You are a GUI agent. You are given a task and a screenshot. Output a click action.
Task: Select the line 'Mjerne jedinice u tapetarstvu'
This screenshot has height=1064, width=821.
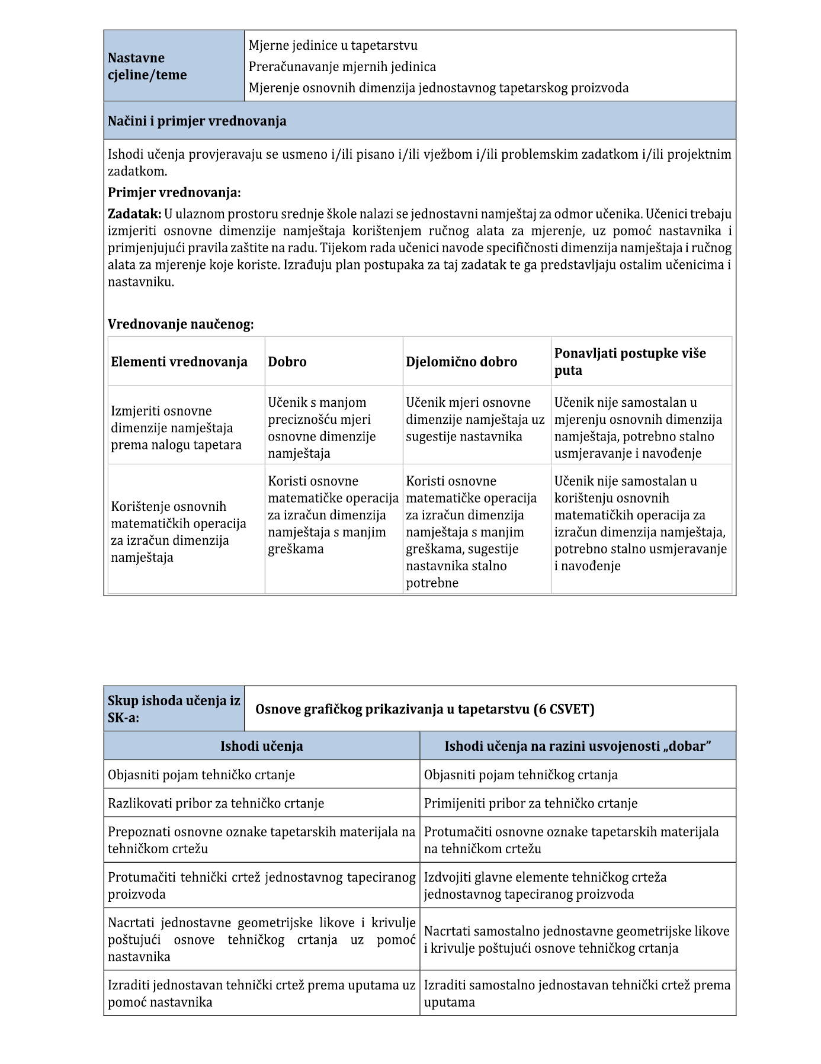[x=333, y=46]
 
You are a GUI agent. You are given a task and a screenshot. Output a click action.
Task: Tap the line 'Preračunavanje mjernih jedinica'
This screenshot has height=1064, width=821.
[x=342, y=67]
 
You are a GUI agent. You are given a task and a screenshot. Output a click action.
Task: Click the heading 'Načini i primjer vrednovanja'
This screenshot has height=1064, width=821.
[x=197, y=121]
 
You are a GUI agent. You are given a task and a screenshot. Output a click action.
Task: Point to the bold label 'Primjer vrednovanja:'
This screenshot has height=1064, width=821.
[x=174, y=193]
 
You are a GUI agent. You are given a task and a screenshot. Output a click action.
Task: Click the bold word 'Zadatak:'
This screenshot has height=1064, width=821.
[x=134, y=214]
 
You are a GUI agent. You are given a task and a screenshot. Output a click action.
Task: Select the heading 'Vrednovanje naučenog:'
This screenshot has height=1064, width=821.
[x=181, y=324]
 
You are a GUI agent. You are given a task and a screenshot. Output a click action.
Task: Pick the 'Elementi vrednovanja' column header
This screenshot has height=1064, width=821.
[x=179, y=362]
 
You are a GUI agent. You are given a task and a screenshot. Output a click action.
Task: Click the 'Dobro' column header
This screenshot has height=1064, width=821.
[x=287, y=362]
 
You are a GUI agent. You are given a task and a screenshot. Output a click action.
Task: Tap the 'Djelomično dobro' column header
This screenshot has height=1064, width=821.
[x=461, y=362]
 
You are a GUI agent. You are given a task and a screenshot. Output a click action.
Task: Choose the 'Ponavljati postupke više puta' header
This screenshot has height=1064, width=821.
[x=630, y=362]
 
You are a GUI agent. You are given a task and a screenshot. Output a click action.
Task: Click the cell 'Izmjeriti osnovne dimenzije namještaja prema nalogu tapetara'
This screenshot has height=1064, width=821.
[x=176, y=428]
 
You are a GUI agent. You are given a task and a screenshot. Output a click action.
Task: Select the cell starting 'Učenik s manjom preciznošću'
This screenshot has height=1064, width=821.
[x=322, y=428]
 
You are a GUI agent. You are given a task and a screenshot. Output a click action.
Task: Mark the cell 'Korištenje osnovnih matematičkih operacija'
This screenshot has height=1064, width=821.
[x=178, y=532]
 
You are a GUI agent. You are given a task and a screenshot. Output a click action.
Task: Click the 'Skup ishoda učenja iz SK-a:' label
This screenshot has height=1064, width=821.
[x=174, y=709]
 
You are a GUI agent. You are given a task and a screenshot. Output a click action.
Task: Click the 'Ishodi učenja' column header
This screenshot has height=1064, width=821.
[x=261, y=746]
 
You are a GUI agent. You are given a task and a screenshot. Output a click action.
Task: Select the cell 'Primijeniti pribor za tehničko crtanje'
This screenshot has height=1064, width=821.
[x=531, y=803]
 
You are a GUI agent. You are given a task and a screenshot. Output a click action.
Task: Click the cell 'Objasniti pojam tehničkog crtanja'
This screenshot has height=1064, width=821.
[x=521, y=775]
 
